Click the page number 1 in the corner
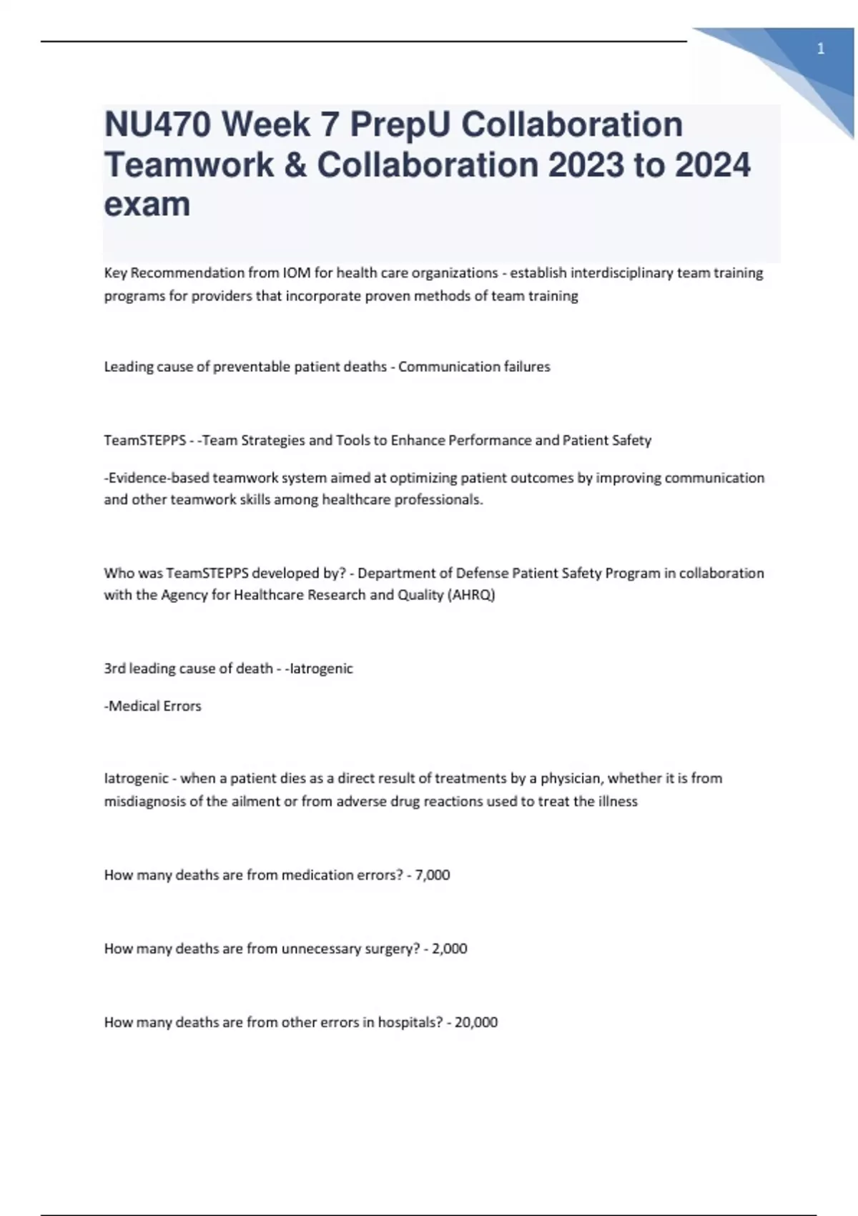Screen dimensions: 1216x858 pos(820,49)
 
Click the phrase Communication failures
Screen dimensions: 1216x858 pos(474,366)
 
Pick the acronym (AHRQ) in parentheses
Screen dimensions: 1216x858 pos(471,594)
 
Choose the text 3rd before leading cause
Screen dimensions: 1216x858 pos(114,668)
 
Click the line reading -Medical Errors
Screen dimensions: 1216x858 pos(153,706)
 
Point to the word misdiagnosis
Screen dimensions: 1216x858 pos(148,801)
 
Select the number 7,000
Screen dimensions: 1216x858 pos(433,875)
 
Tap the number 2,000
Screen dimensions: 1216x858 pos(450,948)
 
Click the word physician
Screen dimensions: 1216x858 pos(570,778)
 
